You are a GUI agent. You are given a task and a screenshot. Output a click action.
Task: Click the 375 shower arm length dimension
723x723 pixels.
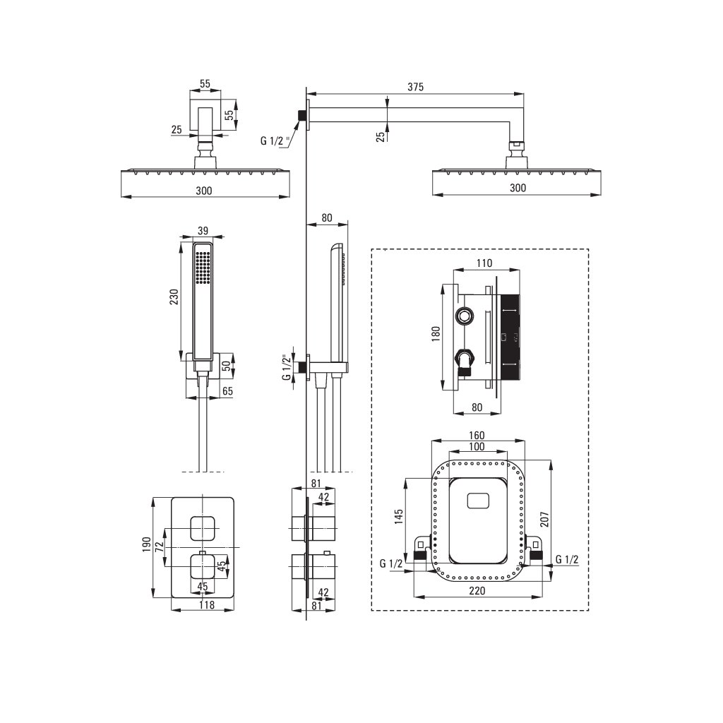pyautogui.click(x=414, y=87)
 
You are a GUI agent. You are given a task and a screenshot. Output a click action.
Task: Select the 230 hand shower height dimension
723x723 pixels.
pyautogui.click(x=174, y=297)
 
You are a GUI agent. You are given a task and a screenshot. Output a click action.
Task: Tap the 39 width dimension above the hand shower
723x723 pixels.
pyautogui.click(x=203, y=231)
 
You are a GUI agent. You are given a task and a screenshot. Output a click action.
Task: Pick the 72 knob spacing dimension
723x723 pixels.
pyautogui.click(x=160, y=546)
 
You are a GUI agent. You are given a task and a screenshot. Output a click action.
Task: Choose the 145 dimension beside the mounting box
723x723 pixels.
pyautogui.click(x=399, y=517)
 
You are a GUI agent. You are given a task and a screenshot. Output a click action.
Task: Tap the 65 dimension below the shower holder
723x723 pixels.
pyautogui.click(x=227, y=390)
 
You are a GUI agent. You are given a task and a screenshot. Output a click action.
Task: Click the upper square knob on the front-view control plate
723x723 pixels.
pyautogui.click(x=202, y=528)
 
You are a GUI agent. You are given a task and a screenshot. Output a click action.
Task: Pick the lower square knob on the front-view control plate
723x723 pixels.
pyautogui.click(x=202, y=566)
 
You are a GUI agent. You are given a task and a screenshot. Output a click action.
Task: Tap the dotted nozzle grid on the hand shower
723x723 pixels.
pyautogui.click(x=205, y=268)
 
